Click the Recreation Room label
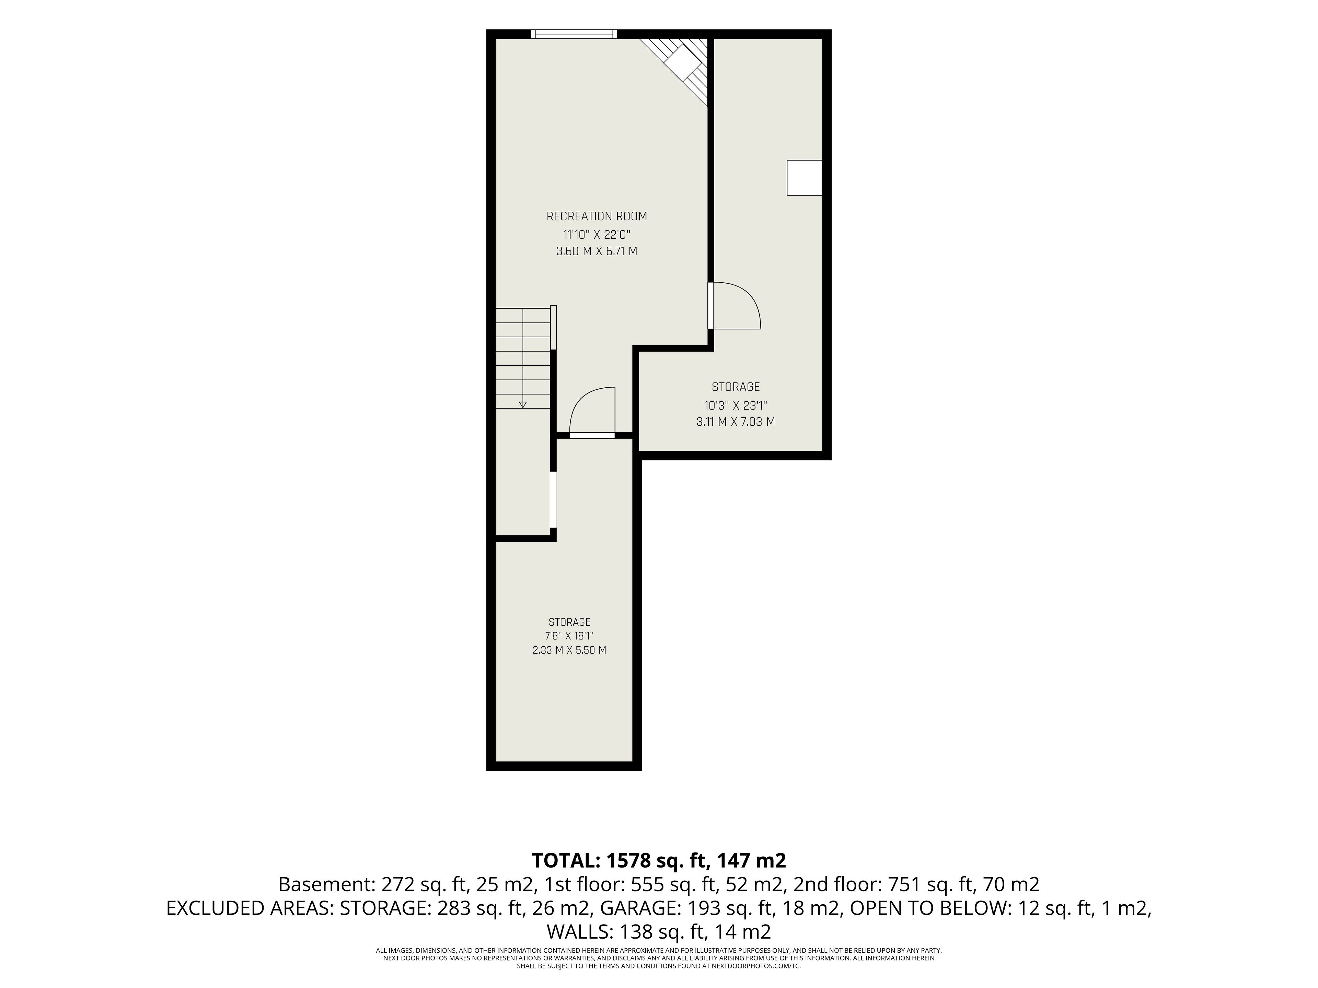click(x=597, y=216)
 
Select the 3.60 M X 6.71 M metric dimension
click(x=597, y=251)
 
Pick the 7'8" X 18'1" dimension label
click(x=569, y=636)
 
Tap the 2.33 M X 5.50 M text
click(x=569, y=650)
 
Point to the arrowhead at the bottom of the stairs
click(x=523, y=405)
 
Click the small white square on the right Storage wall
click(x=805, y=177)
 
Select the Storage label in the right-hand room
click(x=735, y=387)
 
